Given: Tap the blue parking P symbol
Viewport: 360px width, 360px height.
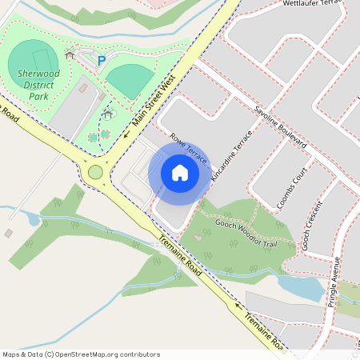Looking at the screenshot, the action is [x=101, y=60].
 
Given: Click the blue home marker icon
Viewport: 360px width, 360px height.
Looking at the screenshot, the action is [x=180, y=173].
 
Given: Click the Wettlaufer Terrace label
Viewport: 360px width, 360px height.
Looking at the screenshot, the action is [x=313, y=5].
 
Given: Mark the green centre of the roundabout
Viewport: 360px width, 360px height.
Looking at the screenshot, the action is [x=95, y=172].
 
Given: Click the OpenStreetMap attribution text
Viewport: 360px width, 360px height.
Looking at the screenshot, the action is [x=81, y=354].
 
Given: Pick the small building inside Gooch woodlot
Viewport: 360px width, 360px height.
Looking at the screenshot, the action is [x=198, y=238].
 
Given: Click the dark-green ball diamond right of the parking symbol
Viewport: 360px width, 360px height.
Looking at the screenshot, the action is [x=130, y=80].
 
